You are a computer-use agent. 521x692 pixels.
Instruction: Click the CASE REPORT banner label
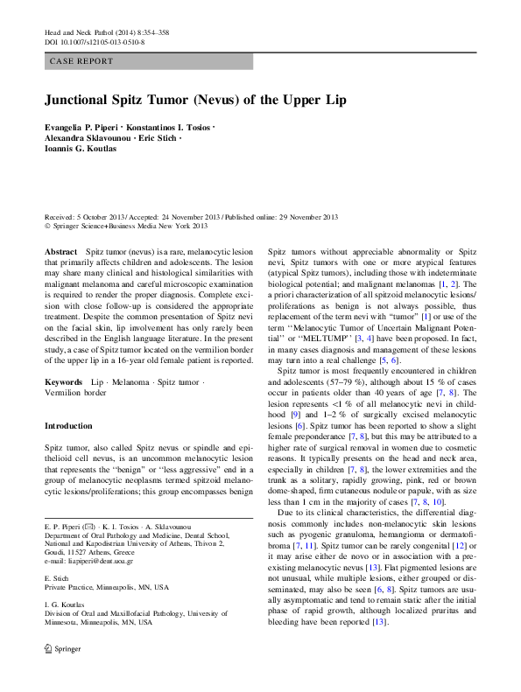[x=82, y=61]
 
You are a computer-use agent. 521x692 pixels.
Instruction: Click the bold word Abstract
[x=60, y=250]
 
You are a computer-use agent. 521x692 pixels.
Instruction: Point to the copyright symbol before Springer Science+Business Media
[x=46, y=226]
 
